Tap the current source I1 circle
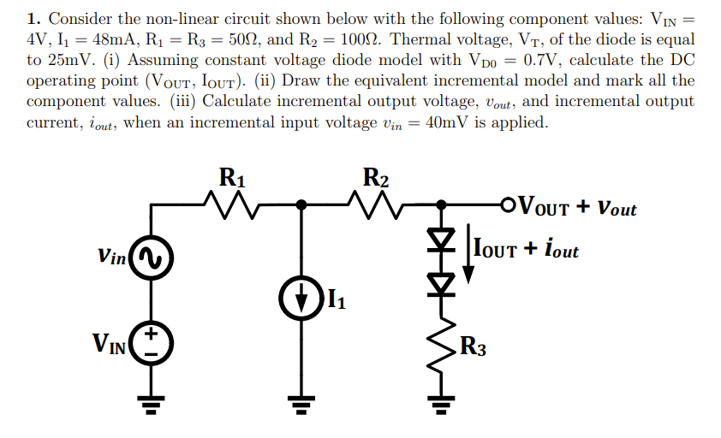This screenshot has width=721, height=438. click(301, 300)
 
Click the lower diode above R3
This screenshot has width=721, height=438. click(442, 283)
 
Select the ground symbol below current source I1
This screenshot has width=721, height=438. click(301, 403)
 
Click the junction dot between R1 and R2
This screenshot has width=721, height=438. click(301, 205)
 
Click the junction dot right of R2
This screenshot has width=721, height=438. click(442, 205)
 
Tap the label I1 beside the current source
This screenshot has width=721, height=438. click(338, 300)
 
